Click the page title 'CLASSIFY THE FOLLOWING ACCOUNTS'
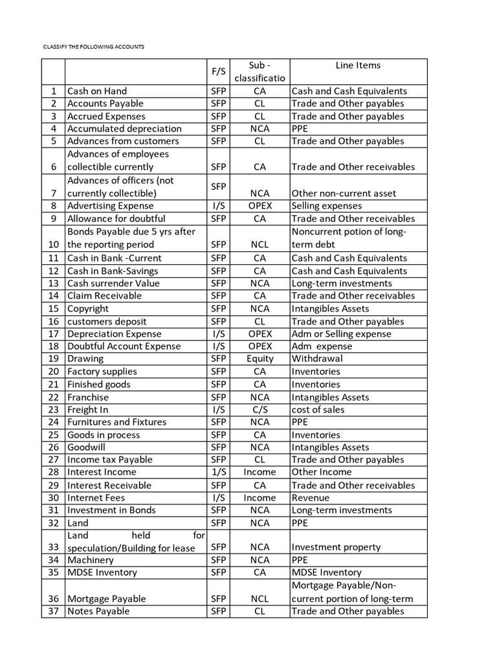pos(94,47)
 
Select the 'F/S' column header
pos(218,71)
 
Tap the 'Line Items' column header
pos(358,65)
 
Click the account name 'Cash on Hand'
pos(97,91)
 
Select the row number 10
pos(53,245)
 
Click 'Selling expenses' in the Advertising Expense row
pos(327,206)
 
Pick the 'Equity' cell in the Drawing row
pos(260,359)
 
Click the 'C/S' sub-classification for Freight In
pos(260,409)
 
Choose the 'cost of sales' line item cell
pos(318,409)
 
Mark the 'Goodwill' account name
pos(86,447)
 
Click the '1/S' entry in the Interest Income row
pos(218,472)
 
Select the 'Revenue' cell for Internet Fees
pos(310,498)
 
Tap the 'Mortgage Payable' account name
pos(106,599)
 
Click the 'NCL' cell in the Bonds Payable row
pos(260,245)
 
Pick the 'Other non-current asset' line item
pos(344,193)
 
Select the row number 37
pos(53,611)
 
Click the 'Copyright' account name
pos(88,309)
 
